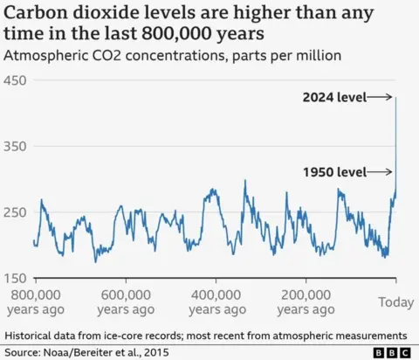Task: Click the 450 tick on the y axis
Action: tap(17, 80)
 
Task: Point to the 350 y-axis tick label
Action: tap(17, 147)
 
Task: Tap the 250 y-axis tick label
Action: tap(17, 212)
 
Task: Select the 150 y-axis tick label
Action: tap(17, 279)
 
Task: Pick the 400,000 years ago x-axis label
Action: tap(216, 301)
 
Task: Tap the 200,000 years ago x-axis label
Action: tap(306, 301)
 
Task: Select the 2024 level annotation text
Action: tap(333, 97)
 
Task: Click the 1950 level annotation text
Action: tap(333, 172)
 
